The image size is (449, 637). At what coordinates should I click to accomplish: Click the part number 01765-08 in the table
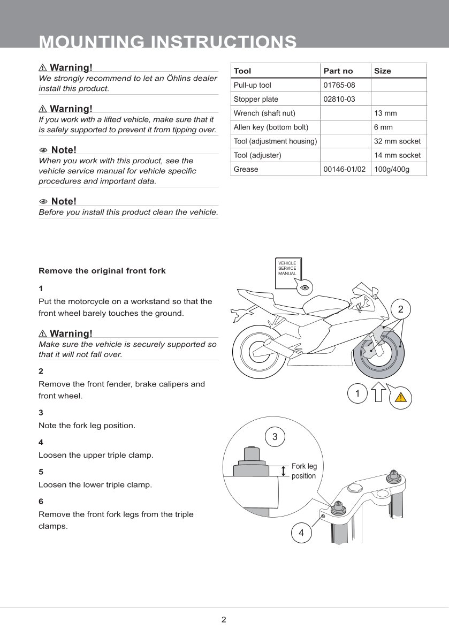[339, 85]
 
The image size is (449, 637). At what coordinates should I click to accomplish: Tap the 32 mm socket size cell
[397, 141]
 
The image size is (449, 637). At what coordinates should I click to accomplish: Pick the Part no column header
[338, 71]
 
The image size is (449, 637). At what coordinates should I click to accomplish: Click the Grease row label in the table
[246, 169]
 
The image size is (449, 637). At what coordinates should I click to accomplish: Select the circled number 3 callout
[275, 437]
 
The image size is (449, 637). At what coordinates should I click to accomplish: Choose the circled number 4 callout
[301, 533]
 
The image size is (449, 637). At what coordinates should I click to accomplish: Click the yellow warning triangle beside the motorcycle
[401, 397]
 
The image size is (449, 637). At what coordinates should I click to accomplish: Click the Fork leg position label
[304, 471]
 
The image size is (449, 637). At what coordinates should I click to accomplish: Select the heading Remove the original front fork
[102, 271]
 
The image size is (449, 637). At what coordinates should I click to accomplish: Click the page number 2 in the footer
[224, 620]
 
